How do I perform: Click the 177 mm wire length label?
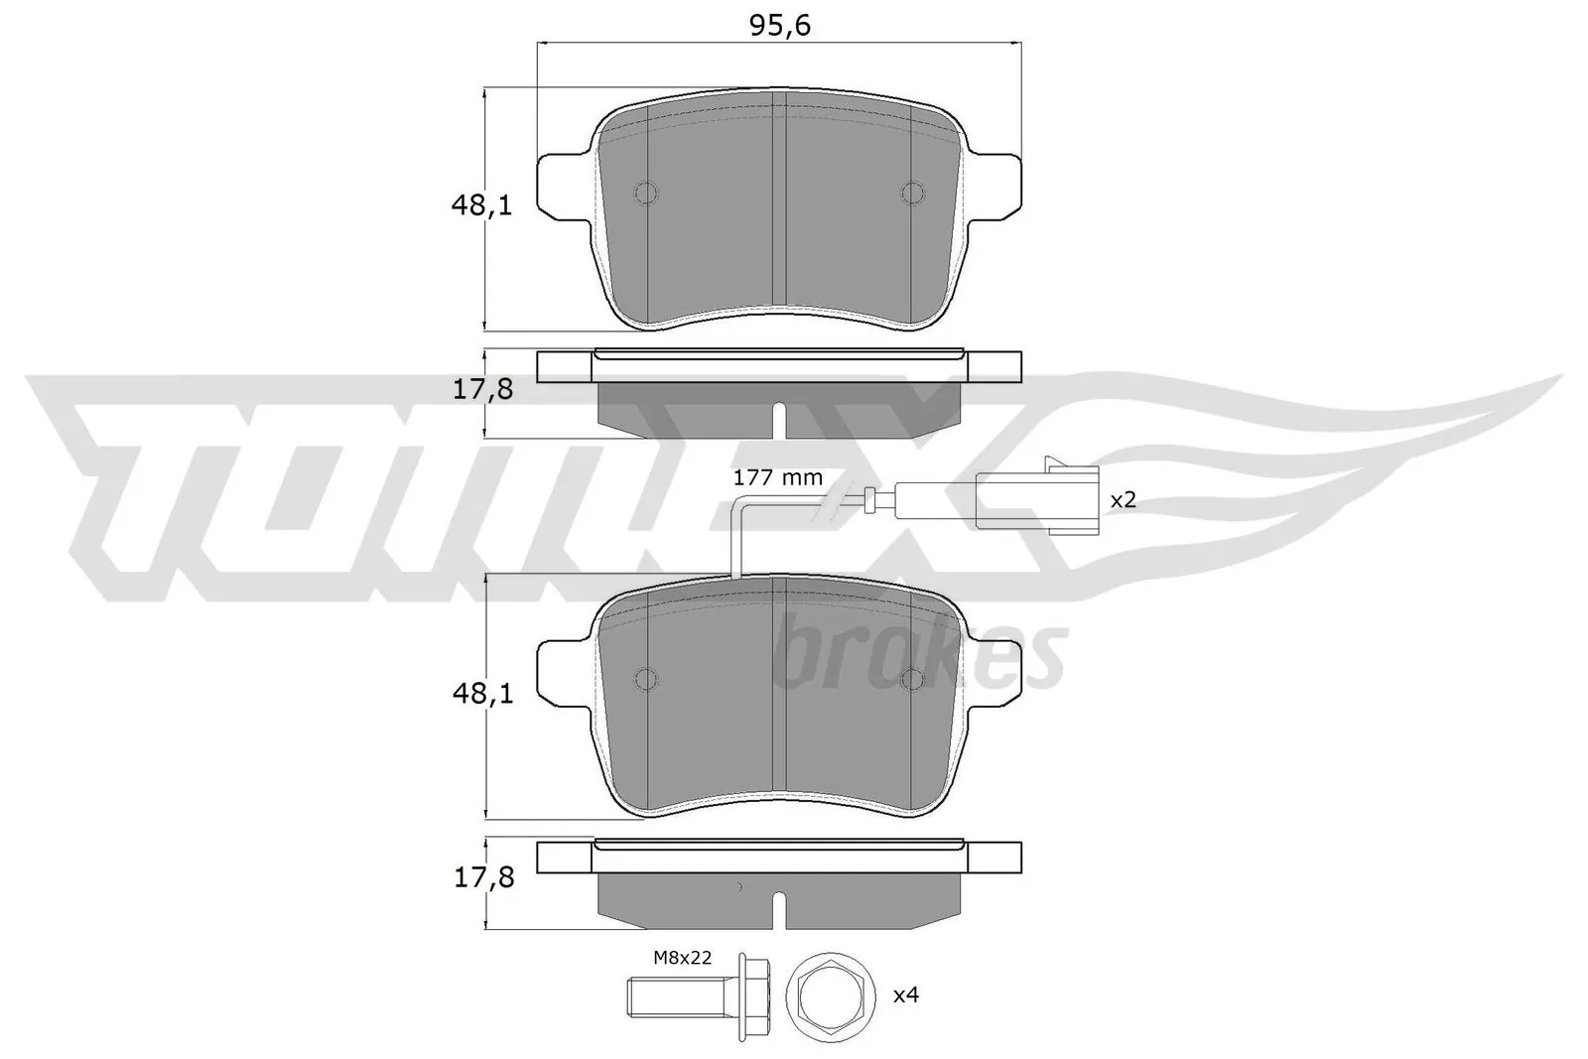click(777, 477)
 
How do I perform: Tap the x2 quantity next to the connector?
click(1122, 499)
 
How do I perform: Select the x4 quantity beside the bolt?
click(905, 993)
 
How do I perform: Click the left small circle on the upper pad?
click(646, 194)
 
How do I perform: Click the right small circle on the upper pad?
click(911, 194)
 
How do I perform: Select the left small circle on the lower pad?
click(646, 679)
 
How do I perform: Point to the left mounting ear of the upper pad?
click(563, 186)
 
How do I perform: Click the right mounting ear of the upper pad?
click(995, 186)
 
